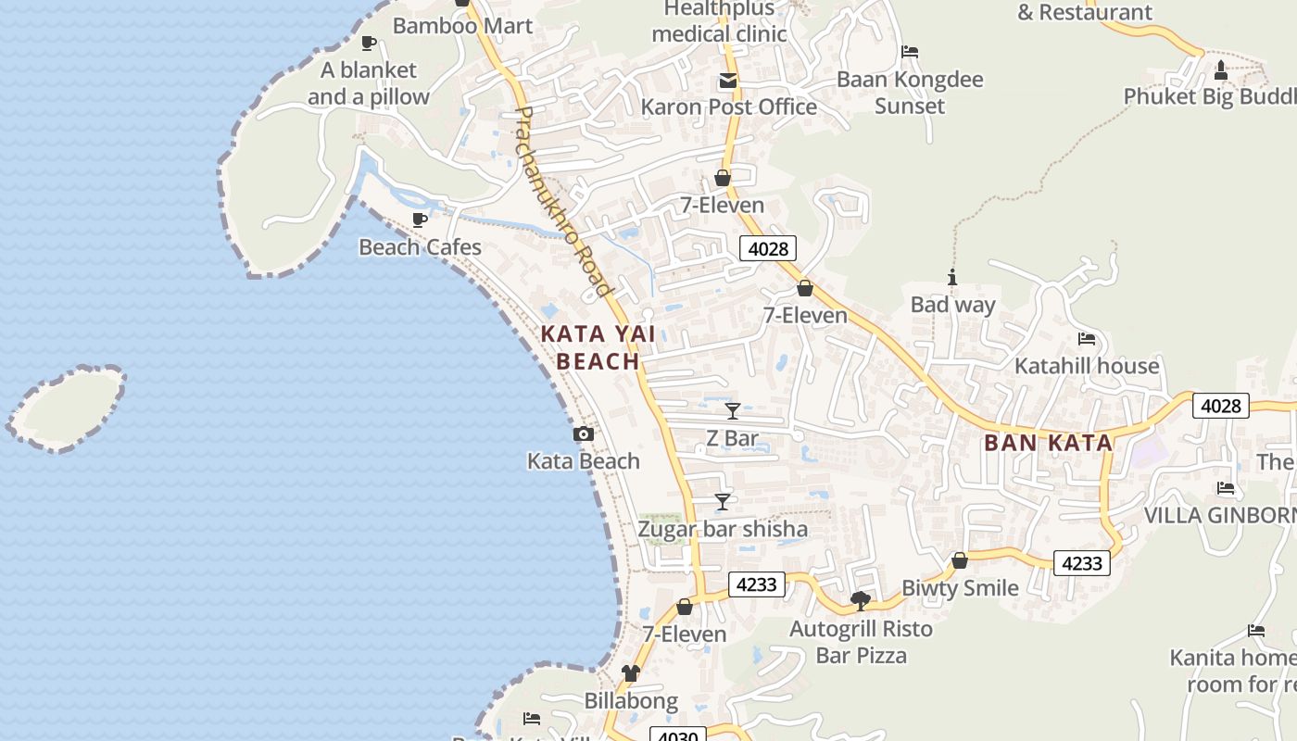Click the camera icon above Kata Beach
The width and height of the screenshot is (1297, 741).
[583, 433]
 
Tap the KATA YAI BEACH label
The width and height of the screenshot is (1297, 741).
[598, 347]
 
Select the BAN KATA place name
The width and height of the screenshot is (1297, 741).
[1048, 443]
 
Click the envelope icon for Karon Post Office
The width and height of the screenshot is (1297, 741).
[728, 81]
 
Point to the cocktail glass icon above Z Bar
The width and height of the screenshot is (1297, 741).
[732, 410]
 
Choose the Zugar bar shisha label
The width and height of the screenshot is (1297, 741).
[723, 529]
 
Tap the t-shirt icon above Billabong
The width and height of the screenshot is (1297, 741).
[631, 672]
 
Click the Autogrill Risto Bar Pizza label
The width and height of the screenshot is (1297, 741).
[861, 642]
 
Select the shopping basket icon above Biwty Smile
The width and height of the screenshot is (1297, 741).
[960, 560]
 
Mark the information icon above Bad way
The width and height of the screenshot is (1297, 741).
[951, 277]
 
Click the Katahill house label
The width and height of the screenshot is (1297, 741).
[1086, 366]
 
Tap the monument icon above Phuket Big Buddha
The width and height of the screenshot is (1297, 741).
[1220, 69]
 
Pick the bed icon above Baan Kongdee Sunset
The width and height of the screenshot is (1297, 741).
[910, 52]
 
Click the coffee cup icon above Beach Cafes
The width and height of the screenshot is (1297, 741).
[420, 220]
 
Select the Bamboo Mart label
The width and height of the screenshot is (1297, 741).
[462, 26]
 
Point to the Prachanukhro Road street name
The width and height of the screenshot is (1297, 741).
[563, 202]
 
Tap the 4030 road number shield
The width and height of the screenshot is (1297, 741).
[678, 735]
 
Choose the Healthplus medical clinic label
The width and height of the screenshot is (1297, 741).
[719, 22]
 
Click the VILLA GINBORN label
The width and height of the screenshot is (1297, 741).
[1219, 515]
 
